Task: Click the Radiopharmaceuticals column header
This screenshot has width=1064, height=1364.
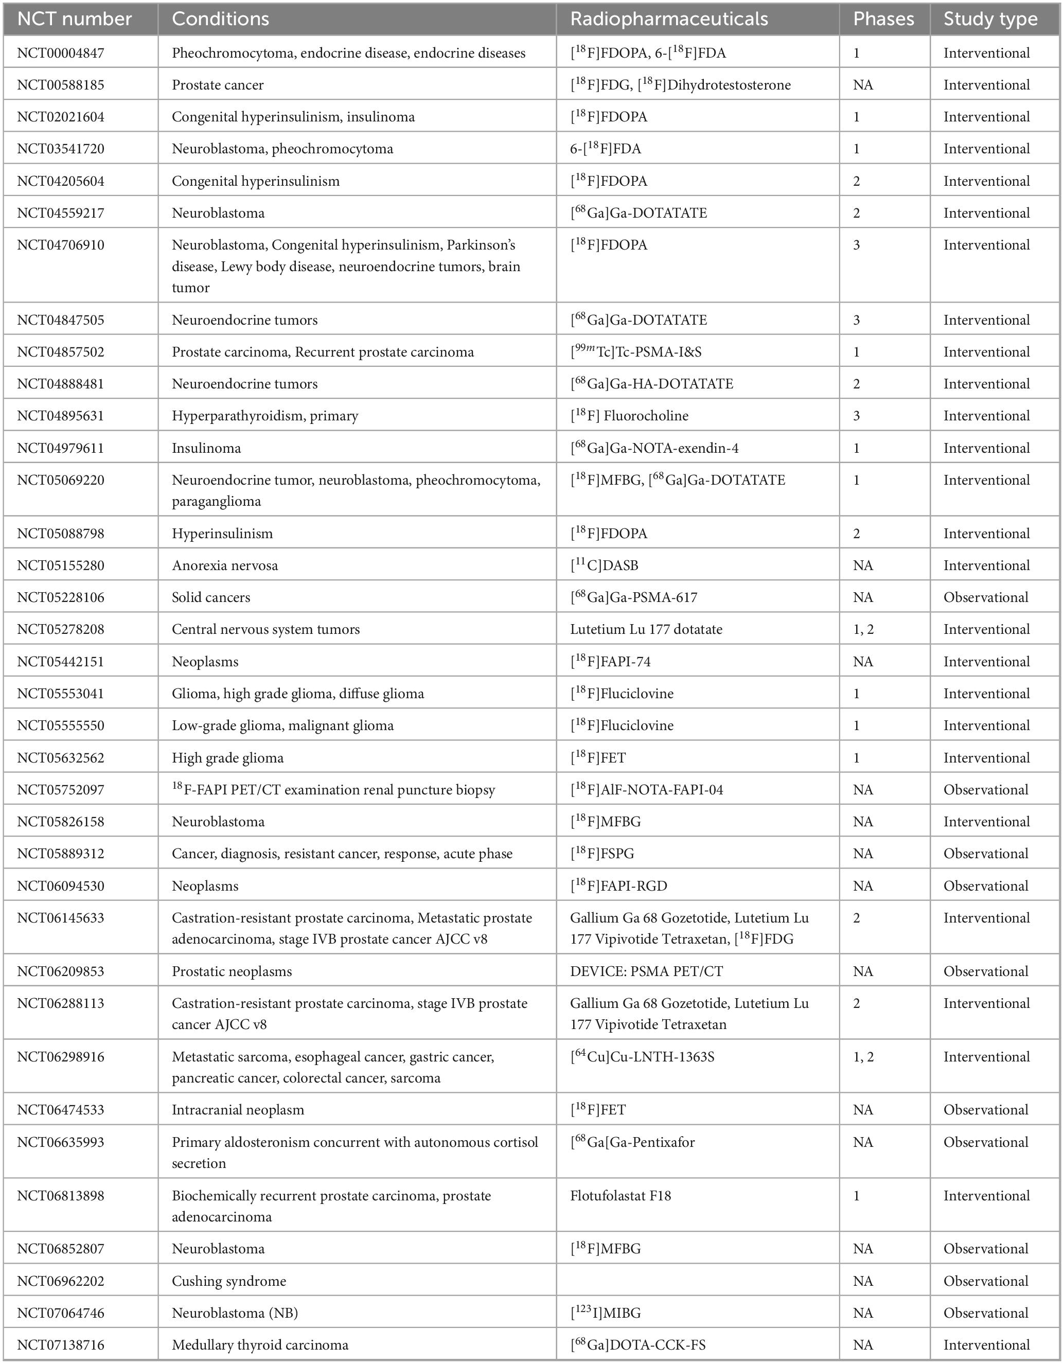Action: (669, 19)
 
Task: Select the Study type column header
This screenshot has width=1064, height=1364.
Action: (990, 19)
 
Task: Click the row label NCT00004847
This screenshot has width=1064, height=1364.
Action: (61, 53)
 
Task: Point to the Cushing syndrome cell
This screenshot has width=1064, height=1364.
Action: (229, 1281)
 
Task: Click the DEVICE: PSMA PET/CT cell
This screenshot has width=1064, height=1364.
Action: (646, 971)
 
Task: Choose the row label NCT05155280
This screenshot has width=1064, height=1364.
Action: (61, 565)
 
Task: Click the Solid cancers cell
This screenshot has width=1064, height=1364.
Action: (211, 597)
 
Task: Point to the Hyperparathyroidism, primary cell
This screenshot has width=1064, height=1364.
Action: (265, 416)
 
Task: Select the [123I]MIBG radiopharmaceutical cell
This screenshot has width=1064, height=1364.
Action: (605, 1313)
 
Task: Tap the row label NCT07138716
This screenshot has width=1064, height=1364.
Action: (61, 1344)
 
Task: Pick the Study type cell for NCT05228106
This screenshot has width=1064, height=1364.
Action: (985, 597)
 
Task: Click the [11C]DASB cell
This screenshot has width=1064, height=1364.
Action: (604, 565)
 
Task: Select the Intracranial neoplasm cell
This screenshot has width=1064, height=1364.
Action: (238, 1110)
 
